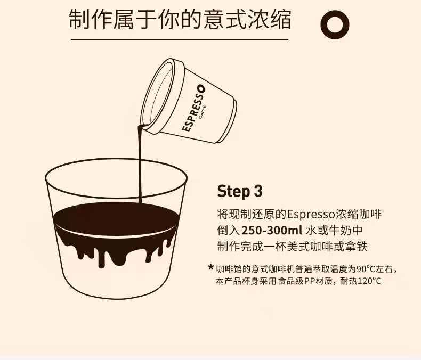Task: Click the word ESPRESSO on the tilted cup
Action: (193, 108)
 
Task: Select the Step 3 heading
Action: (239, 191)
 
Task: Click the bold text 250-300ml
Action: (272, 230)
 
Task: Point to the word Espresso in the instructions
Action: (311, 214)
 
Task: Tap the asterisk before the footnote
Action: (211, 267)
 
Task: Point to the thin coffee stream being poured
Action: (140, 163)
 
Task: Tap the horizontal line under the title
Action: (180, 40)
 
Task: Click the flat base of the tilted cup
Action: (228, 121)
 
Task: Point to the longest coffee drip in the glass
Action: (101, 258)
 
